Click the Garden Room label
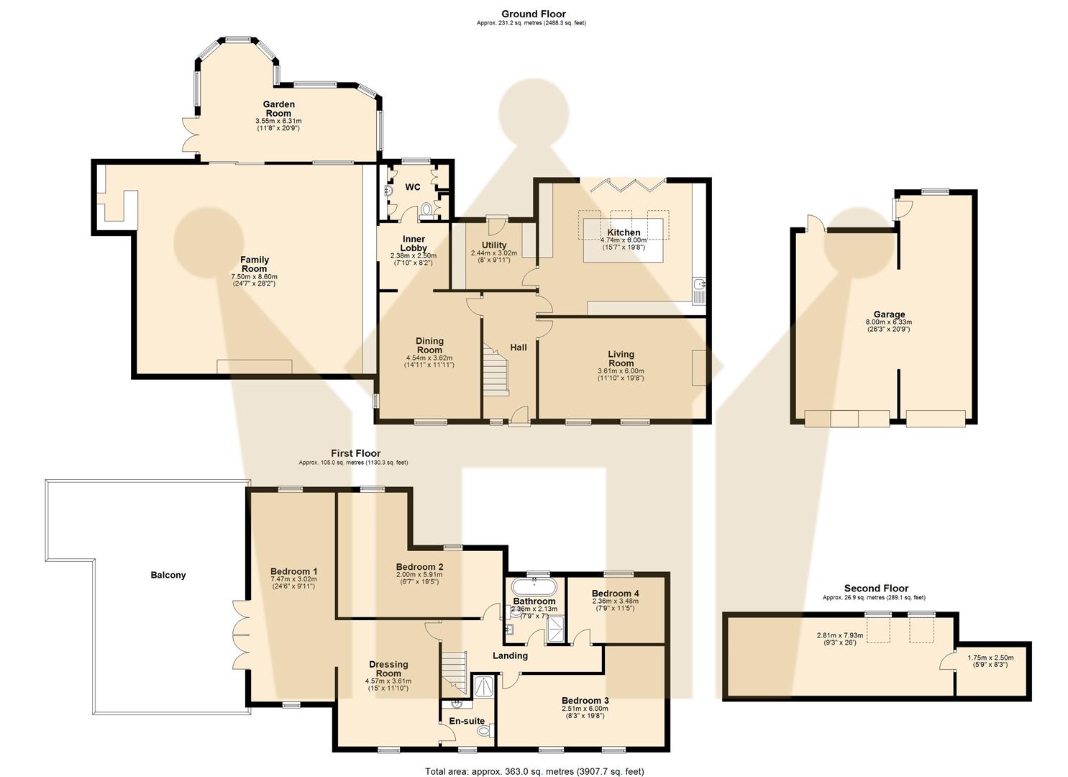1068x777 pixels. pos(278,109)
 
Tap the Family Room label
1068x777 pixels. pos(254,264)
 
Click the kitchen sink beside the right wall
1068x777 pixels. pos(698,289)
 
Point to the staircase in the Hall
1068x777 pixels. pos(496,369)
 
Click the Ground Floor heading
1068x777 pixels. pos(533,14)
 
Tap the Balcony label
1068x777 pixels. pos(168,575)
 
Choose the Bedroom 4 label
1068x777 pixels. pos(615,594)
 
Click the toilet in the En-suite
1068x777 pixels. pos(484,731)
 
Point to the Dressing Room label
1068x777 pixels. pos(388,669)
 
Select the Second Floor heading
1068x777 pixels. pos(876,589)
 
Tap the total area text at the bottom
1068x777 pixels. pos(534,771)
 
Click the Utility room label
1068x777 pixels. pos(493,245)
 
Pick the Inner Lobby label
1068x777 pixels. pos(413,243)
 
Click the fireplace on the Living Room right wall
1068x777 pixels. pos(698,367)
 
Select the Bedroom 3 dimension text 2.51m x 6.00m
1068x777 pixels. pos(585,709)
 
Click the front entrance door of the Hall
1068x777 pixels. pos(519,417)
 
